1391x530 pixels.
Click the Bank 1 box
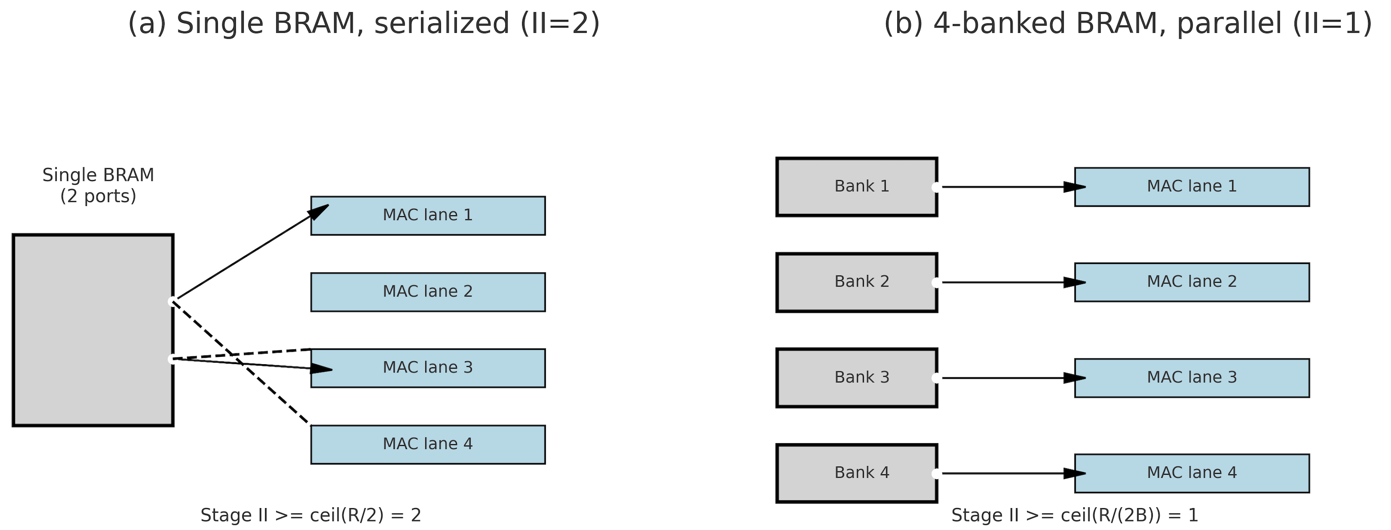click(856, 187)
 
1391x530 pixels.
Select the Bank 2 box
click(856, 282)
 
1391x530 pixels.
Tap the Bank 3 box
click(856, 378)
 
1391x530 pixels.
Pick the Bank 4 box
click(856, 473)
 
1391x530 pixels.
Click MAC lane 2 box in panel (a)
click(428, 292)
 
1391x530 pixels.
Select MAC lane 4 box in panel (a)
click(428, 444)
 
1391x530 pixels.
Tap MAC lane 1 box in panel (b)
click(1192, 187)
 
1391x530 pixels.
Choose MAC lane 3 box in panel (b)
click(1192, 378)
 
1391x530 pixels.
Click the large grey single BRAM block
click(93, 330)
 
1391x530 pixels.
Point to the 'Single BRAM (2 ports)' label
click(98, 185)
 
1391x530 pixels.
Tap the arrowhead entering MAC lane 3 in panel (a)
click(322, 369)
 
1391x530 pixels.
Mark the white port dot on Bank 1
click(936, 187)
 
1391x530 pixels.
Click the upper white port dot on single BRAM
click(172, 301)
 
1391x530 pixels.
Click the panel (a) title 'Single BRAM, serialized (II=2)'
click(364, 24)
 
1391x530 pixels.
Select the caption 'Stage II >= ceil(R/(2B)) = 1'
click(1075, 515)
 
